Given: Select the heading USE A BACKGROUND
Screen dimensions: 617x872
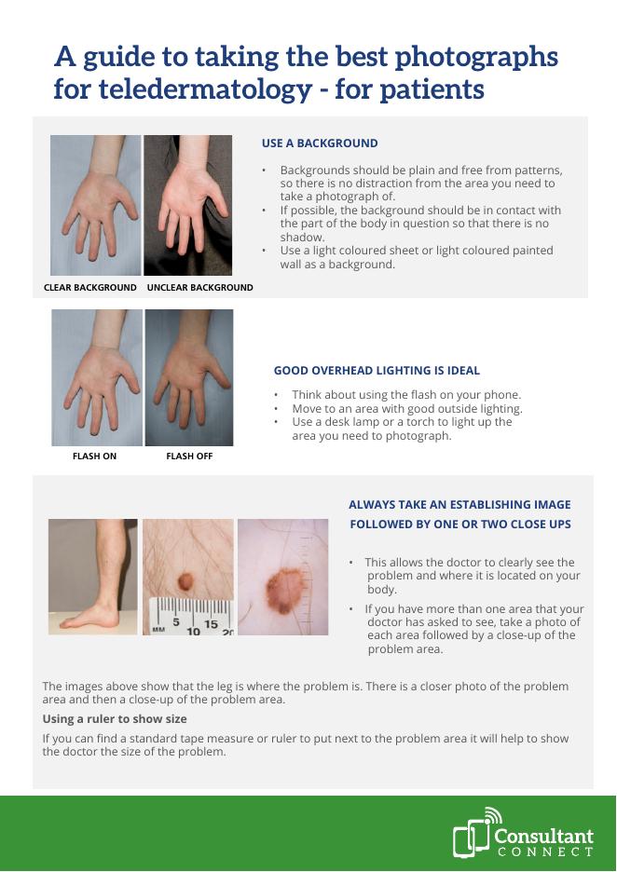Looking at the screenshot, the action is pos(320,143).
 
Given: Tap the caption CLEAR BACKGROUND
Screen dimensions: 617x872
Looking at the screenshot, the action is pos(90,288).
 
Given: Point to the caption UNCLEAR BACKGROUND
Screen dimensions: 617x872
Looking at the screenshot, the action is pos(199,288).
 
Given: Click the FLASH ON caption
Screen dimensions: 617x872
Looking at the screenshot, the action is pos(94,456).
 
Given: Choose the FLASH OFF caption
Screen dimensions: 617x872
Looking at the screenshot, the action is pos(189,456).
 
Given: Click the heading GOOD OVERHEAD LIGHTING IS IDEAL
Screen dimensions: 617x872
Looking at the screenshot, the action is pos(377,371).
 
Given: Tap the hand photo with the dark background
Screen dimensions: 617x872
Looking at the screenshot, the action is pos(188,205).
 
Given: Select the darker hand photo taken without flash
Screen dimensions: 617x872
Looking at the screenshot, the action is pos(189,377).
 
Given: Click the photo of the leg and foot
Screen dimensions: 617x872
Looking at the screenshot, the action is pos(93,577).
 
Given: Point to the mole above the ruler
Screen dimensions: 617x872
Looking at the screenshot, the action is pos(185,581).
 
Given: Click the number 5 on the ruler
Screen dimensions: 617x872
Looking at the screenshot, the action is pos(175,621).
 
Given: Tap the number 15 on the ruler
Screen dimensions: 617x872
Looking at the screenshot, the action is pos(211,624).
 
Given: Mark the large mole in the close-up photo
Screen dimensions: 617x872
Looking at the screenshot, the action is pos(284,589).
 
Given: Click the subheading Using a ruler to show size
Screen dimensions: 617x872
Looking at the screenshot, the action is pos(115,719).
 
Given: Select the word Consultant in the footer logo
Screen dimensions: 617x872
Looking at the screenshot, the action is pos(543,836).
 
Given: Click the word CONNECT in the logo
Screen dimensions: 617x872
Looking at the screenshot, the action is pos(545,852).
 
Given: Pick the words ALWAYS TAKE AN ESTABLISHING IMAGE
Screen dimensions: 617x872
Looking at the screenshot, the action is pos(459,505).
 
